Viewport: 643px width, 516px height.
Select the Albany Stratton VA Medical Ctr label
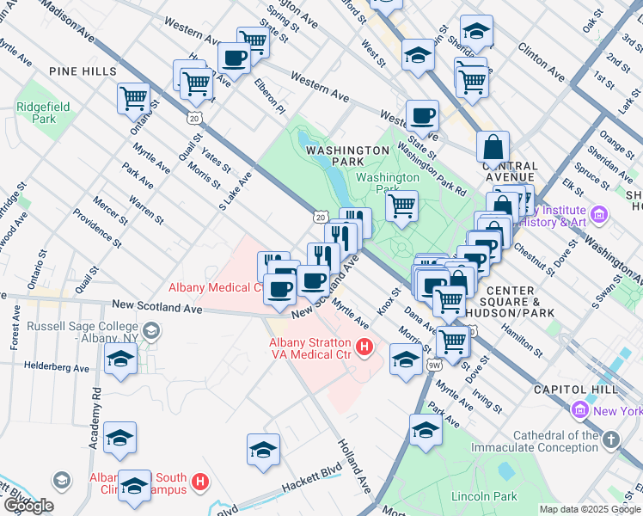[x=305, y=348]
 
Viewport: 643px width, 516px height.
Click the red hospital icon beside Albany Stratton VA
[x=364, y=347]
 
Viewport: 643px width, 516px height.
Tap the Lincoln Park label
[x=484, y=496]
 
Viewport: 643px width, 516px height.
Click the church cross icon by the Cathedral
[x=610, y=440]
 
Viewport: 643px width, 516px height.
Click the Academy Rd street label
[x=95, y=417]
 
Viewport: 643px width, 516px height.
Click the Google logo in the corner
[x=28, y=506]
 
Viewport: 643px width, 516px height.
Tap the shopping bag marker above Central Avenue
[x=493, y=145]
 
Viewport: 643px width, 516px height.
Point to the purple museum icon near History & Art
[x=599, y=213]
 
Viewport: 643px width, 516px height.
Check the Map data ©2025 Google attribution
[x=590, y=509]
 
